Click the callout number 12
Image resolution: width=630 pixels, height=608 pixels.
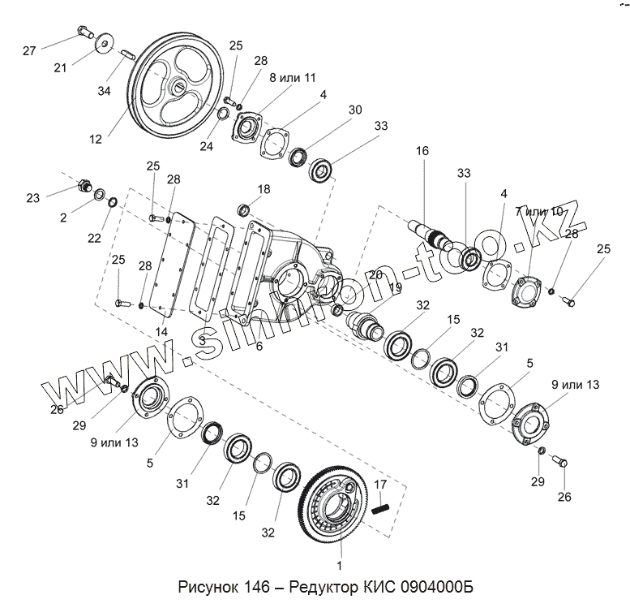pyautogui.click(x=96, y=139)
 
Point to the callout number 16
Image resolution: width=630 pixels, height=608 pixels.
pyautogui.click(x=421, y=151)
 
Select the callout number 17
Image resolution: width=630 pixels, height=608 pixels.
pyautogui.click(x=381, y=485)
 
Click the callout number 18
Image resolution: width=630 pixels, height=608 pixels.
pyautogui.click(x=264, y=189)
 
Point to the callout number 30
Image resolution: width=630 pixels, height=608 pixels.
pyautogui.click(x=354, y=109)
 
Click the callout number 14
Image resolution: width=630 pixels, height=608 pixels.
pyautogui.click(x=161, y=332)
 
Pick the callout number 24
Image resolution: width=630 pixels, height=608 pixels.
pyautogui.click(x=208, y=147)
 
